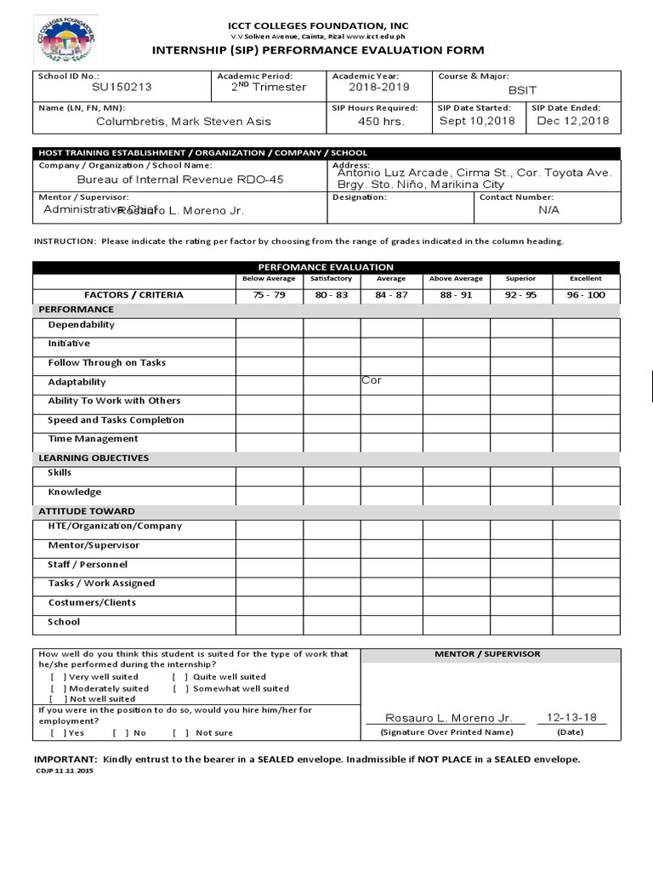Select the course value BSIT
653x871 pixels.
click(522, 90)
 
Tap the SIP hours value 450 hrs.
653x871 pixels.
click(381, 122)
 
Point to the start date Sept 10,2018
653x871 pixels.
click(477, 121)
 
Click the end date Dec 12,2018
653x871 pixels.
click(573, 121)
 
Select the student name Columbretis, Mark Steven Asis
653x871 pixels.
click(184, 122)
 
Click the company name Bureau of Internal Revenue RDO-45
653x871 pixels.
click(180, 179)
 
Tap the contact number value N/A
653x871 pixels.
click(549, 209)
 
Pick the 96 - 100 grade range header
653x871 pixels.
click(586, 295)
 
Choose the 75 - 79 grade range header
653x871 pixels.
click(269, 295)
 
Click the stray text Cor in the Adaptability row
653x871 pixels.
click(372, 380)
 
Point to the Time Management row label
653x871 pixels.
click(93, 439)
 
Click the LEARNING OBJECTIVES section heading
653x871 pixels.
click(94, 458)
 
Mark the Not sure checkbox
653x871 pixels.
click(180, 732)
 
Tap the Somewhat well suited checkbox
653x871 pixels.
click(180, 688)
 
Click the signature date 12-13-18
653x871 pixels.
click(571, 717)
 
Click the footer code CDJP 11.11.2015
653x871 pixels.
click(65, 770)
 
